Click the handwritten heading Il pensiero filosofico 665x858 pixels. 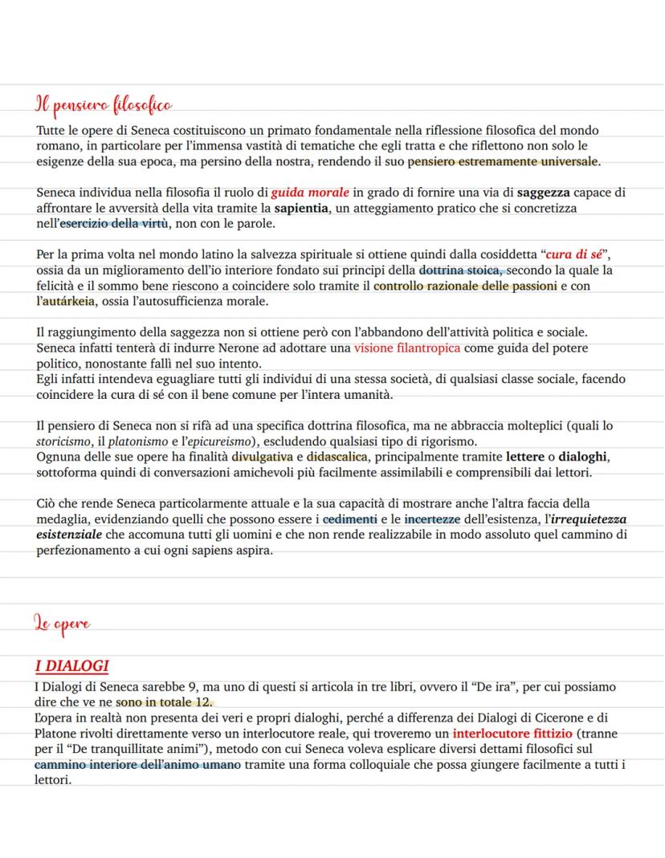click(104, 105)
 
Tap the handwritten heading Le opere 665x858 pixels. click(62, 623)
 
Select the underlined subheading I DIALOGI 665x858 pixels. click(71, 666)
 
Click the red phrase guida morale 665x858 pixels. click(310, 193)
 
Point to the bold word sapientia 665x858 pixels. click(302, 208)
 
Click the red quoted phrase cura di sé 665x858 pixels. click(573, 255)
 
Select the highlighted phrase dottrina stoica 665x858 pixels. click(460, 270)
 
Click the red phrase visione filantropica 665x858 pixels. click(407, 348)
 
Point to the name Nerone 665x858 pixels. click(231, 348)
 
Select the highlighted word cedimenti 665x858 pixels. click(350, 519)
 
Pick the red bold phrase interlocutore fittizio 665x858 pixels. click(512, 734)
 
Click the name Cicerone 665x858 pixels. click(548, 718)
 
